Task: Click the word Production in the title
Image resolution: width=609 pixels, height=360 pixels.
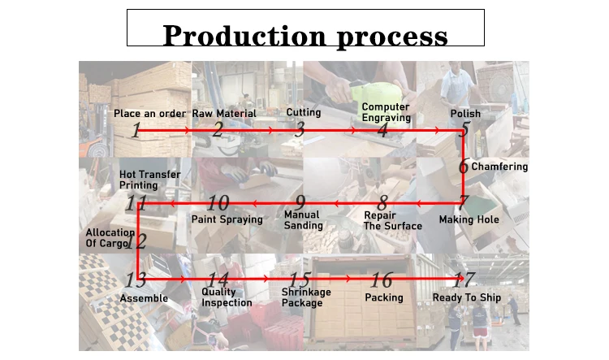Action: [x=244, y=36]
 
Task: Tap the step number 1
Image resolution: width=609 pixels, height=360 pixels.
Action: [x=136, y=130]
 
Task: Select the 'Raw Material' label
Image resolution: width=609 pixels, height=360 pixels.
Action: [x=224, y=114]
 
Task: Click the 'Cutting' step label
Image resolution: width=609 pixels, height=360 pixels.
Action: [x=304, y=112]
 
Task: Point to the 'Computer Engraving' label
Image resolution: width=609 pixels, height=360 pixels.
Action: [x=386, y=112]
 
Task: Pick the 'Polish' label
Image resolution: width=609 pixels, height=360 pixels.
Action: [x=465, y=114]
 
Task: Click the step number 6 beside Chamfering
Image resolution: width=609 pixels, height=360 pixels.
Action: [x=464, y=166]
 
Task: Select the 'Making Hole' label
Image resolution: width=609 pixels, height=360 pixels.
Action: [x=469, y=219]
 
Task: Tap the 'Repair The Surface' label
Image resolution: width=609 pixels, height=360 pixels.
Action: [x=393, y=220]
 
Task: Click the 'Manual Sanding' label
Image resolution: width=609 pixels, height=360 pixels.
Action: [x=304, y=220]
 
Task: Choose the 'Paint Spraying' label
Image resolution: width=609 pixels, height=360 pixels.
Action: [x=227, y=219]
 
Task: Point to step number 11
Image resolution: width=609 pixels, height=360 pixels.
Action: [x=136, y=203]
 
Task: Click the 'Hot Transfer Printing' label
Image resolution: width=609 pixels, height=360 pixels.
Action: [x=150, y=180]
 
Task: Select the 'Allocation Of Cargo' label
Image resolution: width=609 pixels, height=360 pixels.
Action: [x=110, y=238]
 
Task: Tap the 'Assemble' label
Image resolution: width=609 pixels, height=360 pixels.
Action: [x=144, y=298]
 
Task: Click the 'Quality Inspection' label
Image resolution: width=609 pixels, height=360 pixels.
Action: [x=227, y=297]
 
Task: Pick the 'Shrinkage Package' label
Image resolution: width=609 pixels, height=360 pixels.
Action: [x=306, y=297]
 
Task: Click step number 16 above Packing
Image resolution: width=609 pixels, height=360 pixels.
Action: [x=382, y=280]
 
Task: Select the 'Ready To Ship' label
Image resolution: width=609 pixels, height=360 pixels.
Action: [x=467, y=297]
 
